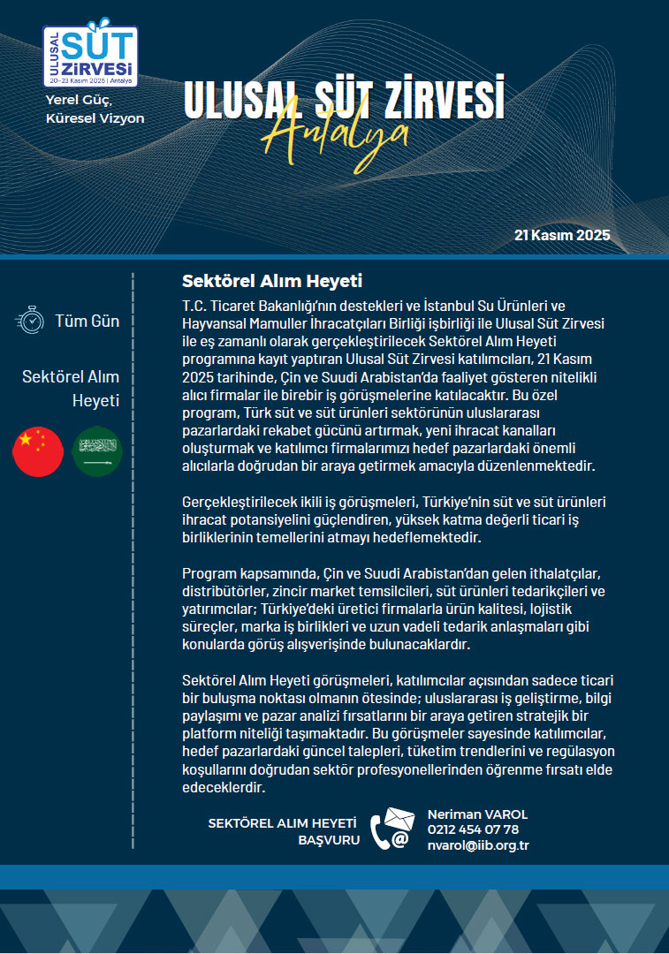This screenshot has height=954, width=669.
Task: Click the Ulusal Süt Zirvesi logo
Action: [x=89, y=56]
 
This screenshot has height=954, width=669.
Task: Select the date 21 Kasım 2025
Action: [x=562, y=237]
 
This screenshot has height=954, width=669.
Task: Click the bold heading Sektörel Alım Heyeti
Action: [x=272, y=282]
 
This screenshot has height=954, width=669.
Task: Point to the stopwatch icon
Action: [x=30, y=321]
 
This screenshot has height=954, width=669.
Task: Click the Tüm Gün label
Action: [x=87, y=322]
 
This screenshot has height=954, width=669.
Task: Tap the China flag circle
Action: [x=38, y=451]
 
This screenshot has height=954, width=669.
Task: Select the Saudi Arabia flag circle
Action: [x=97, y=451]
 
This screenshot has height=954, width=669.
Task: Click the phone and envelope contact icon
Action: [x=392, y=829]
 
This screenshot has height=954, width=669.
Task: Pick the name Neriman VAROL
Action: [x=477, y=814]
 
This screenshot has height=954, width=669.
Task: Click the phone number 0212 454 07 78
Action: [x=473, y=829]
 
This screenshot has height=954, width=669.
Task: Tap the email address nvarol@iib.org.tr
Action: [x=478, y=844]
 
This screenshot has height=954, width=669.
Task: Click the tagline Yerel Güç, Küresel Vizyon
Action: [x=95, y=110]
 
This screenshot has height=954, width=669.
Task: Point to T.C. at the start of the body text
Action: [x=194, y=303]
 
